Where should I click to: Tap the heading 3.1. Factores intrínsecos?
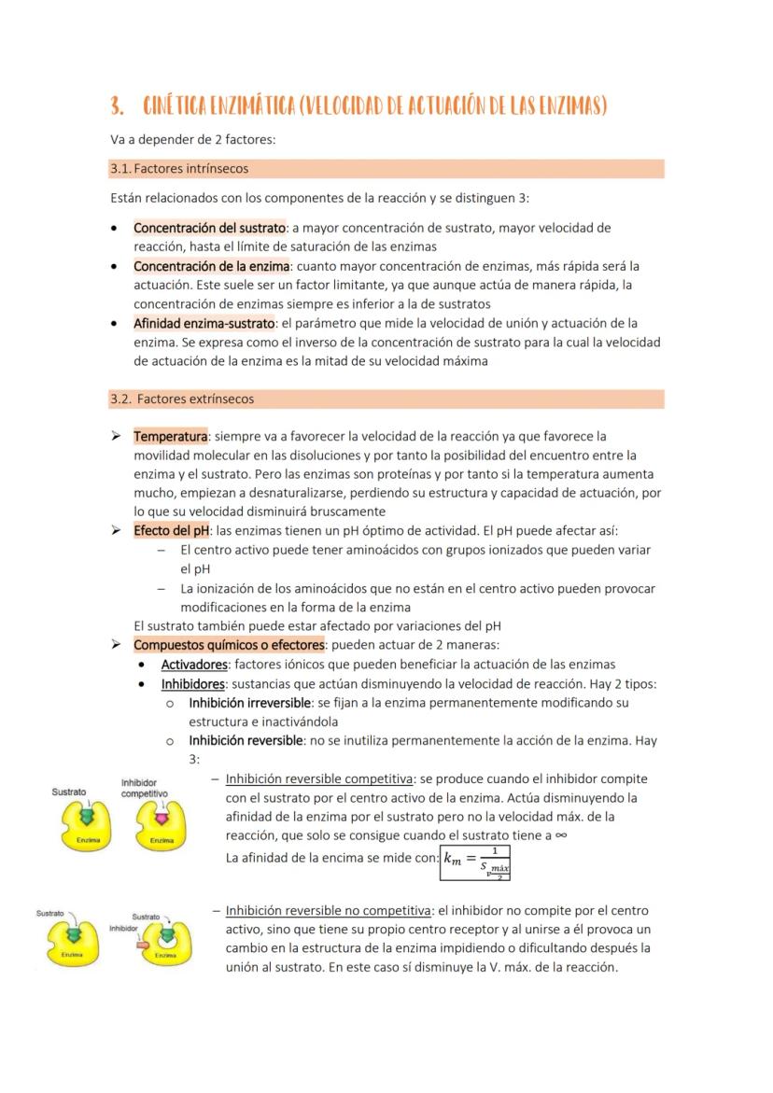(x=179, y=169)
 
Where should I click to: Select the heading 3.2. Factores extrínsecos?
(x=182, y=399)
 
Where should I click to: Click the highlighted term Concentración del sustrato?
(x=209, y=228)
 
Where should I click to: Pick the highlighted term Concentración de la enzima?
(x=213, y=266)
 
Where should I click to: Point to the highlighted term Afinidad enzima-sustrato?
(x=204, y=323)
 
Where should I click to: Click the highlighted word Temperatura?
(x=170, y=436)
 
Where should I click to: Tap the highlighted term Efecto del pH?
(x=172, y=531)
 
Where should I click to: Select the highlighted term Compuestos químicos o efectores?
(x=229, y=645)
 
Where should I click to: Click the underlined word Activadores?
(x=194, y=665)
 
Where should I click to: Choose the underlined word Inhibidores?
(x=193, y=683)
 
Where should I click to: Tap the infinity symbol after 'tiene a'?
(x=560, y=836)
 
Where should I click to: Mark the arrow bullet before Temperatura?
(x=116, y=436)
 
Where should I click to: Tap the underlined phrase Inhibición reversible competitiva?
(x=318, y=778)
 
